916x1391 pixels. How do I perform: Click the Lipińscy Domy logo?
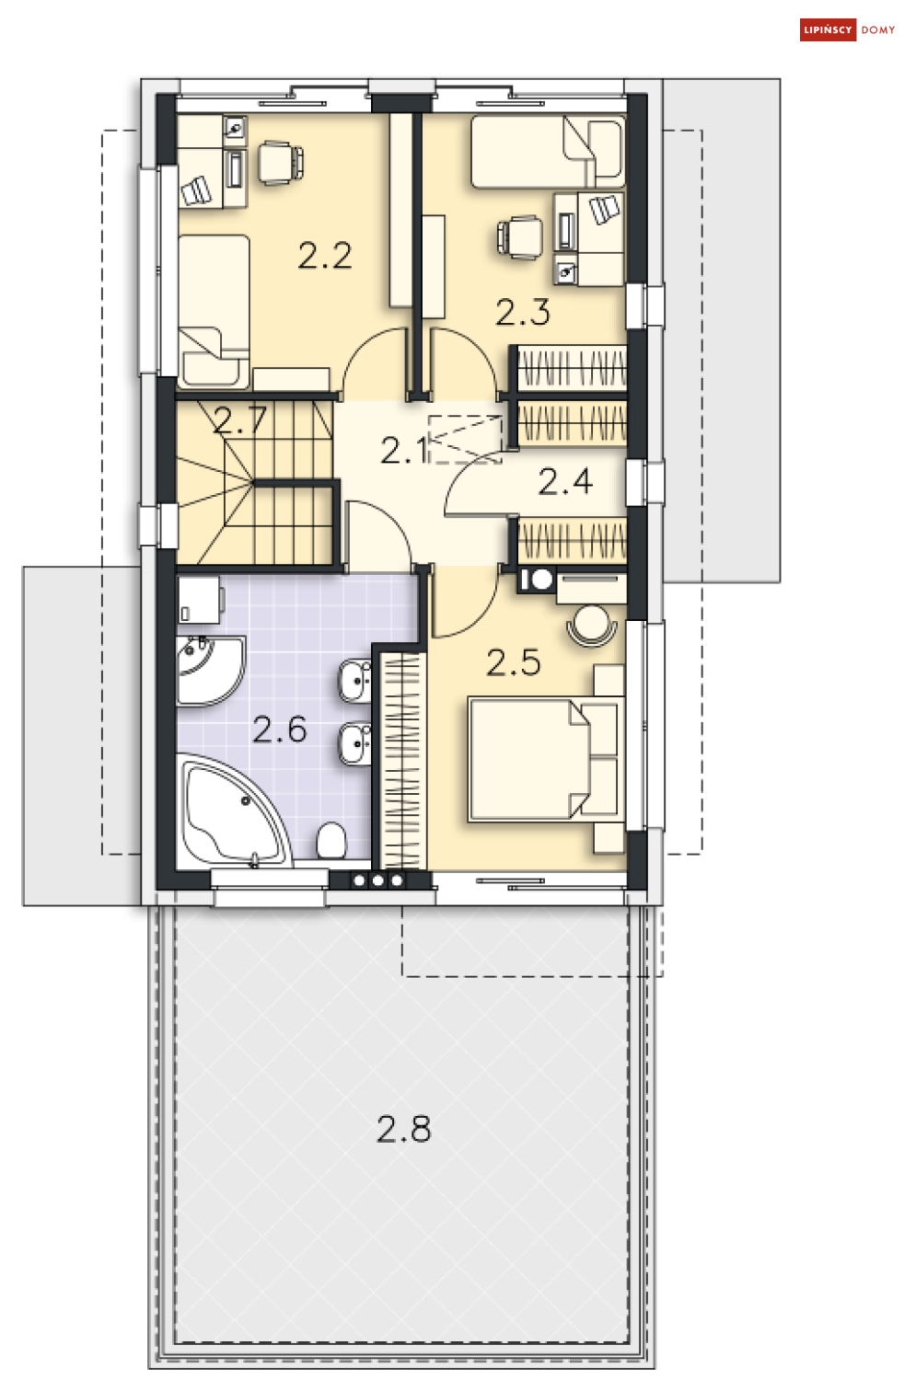point(848,30)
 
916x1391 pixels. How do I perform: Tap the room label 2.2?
point(325,256)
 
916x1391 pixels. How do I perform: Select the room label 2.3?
point(523,313)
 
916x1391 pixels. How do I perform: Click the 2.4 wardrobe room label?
point(565,481)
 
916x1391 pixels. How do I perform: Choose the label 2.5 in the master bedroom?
point(514,662)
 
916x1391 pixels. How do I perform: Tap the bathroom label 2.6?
point(280,730)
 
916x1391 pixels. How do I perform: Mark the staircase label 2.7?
point(240,420)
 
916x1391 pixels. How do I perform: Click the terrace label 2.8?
point(404,1129)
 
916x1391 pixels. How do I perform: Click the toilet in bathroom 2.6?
point(331,840)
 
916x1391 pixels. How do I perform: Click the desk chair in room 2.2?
point(280,163)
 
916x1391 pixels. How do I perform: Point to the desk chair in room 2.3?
point(521,237)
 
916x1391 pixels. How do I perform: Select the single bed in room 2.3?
point(547,152)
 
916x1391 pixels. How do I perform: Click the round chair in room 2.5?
point(592,625)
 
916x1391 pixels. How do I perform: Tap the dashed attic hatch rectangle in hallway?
point(466,438)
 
